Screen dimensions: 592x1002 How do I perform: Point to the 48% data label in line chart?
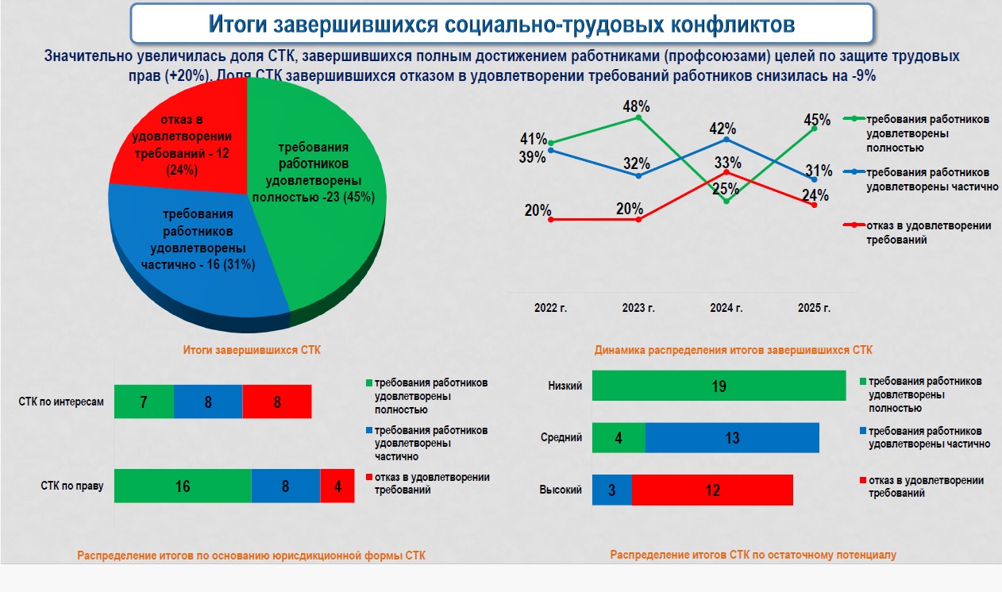tap(636, 106)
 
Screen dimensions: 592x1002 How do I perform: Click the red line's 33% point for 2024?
tap(727, 172)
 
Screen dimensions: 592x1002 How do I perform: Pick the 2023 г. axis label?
tap(638, 308)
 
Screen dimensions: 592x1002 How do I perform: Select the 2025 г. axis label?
tap(814, 308)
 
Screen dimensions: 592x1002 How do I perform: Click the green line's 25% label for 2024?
tap(726, 190)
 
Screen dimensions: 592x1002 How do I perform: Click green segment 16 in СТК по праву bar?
tap(183, 486)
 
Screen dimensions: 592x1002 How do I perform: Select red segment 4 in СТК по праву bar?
tap(338, 486)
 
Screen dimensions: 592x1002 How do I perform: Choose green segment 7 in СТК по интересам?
tap(144, 402)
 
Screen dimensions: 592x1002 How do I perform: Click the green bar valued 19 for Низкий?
tap(719, 386)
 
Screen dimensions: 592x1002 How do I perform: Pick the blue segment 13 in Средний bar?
tap(732, 437)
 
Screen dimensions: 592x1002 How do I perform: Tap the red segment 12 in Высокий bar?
tap(712, 490)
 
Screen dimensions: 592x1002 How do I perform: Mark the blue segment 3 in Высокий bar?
tap(612, 490)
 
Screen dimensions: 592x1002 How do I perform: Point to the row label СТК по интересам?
tap(61, 402)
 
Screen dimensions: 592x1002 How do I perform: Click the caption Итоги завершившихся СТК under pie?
tap(252, 350)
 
